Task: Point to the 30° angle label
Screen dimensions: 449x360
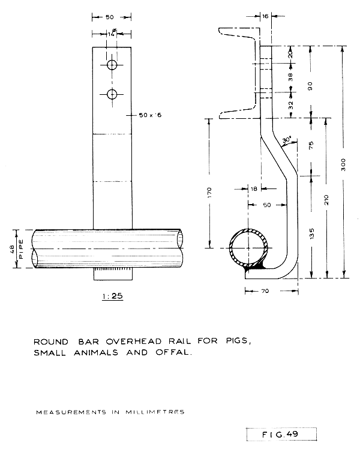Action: click(287, 139)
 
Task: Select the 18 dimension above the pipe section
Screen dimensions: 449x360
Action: click(253, 188)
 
